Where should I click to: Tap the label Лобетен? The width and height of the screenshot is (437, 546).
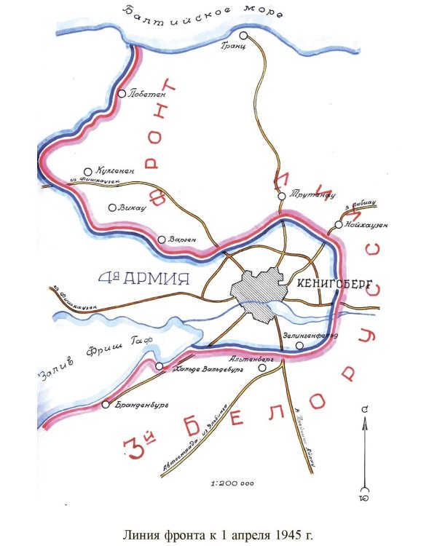pos(147,93)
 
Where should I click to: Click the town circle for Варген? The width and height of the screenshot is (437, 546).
pos(162,239)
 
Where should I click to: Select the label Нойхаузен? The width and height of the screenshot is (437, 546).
pos(366,224)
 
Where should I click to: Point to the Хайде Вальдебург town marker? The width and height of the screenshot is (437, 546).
pos(160,366)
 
